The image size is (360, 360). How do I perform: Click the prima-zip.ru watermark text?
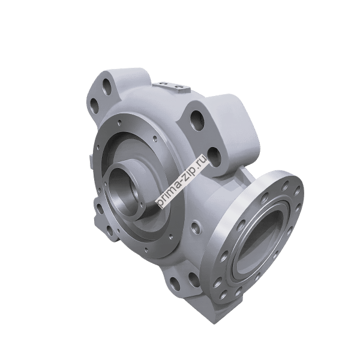pos(182,182)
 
